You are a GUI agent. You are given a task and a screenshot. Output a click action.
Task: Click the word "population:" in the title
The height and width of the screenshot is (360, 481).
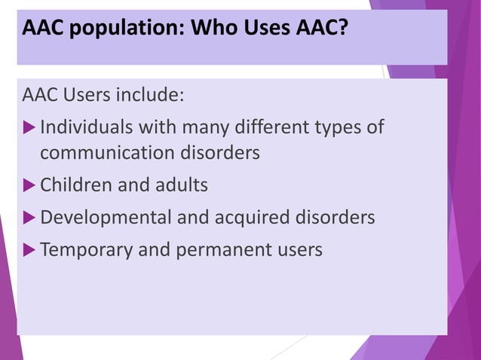click(123, 29)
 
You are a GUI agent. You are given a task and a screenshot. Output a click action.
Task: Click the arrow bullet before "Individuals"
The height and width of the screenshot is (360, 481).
click(30, 127)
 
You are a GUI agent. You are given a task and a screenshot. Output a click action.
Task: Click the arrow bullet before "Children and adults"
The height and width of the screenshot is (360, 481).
click(30, 185)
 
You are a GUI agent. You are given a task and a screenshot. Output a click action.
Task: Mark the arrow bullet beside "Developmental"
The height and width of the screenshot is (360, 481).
click(30, 218)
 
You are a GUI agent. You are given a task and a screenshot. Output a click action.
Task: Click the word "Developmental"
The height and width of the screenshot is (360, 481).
click(106, 218)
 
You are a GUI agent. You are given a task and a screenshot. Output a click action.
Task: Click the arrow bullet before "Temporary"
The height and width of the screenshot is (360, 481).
click(30, 249)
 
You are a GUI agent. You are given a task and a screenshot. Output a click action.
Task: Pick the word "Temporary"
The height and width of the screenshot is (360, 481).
click(85, 249)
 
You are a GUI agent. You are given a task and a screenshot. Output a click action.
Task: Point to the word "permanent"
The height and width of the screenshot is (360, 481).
click(225, 249)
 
